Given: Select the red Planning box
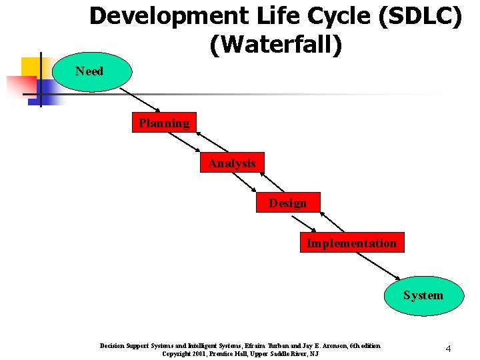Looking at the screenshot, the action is [x=164, y=123].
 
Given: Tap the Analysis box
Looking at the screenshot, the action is [x=231, y=163].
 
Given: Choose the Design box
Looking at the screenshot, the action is [x=287, y=203].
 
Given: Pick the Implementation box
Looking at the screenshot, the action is [x=351, y=243].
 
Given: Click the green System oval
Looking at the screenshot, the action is [x=423, y=295].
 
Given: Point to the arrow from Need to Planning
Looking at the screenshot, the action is [x=141, y=99].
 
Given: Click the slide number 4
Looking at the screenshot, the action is [x=449, y=349].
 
